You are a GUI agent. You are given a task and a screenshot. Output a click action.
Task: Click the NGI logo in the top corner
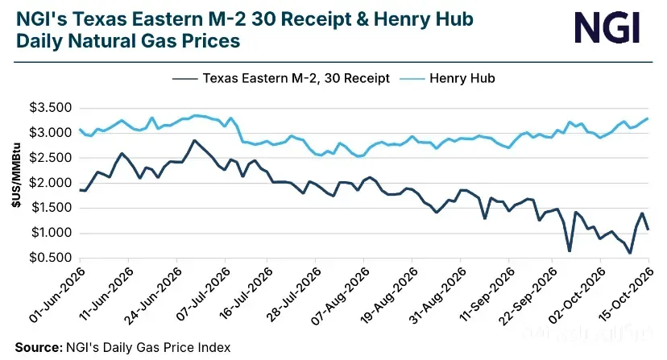(x=607, y=27)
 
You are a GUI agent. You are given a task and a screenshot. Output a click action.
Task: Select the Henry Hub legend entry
(x=448, y=78)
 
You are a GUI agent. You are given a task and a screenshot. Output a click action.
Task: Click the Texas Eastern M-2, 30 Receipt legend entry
(x=281, y=78)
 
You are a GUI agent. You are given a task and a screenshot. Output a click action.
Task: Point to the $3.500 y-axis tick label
(x=50, y=108)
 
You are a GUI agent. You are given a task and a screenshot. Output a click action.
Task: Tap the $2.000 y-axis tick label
(x=50, y=183)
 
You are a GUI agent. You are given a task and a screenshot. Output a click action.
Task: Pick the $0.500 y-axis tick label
(x=50, y=258)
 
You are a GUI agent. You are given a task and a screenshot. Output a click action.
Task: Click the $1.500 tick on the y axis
(x=50, y=208)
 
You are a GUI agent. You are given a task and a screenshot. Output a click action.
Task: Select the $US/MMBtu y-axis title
(x=16, y=175)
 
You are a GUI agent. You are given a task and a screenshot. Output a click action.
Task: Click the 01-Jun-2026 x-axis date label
(x=58, y=296)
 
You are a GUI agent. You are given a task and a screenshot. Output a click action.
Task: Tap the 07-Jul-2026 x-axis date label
(x=203, y=296)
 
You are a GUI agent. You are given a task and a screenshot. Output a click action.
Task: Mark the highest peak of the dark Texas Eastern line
(x=194, y=140)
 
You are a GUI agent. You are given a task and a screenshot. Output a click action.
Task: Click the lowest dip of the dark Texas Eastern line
(x=630, y=253)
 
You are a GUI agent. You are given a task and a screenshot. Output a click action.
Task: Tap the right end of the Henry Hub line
(x=648, y=118)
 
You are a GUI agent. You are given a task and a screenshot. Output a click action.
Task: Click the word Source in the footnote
(x=39, y=348)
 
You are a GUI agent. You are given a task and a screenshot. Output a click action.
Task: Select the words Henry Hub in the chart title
(x=424, y=19)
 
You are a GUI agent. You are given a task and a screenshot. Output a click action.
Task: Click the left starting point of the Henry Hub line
(x=80, y=130)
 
